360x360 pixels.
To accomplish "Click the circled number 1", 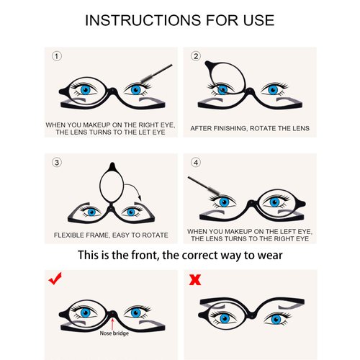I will point(57,55).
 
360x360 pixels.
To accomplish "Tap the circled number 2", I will point(194,55).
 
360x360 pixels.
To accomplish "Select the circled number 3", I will point(57,162).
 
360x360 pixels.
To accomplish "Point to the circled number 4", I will point(194,162).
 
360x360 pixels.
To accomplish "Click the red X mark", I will point(194,278).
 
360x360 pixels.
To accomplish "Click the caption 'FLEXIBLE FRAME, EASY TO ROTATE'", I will point(111,235).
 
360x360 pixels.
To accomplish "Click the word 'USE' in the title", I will point(255,20).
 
